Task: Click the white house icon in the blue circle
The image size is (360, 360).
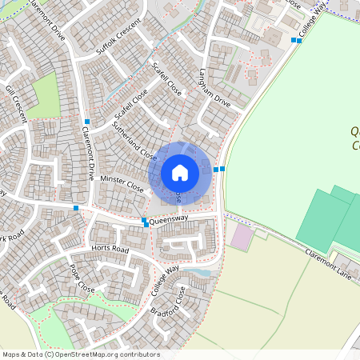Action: tap(180, 172)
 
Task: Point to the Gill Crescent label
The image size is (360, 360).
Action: tap(17, 104)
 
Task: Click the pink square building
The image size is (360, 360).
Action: tap(240, 236)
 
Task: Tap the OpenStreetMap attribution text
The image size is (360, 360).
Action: tap(81, 354)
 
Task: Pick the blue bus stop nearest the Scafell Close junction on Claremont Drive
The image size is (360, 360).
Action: tap(86, 122)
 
